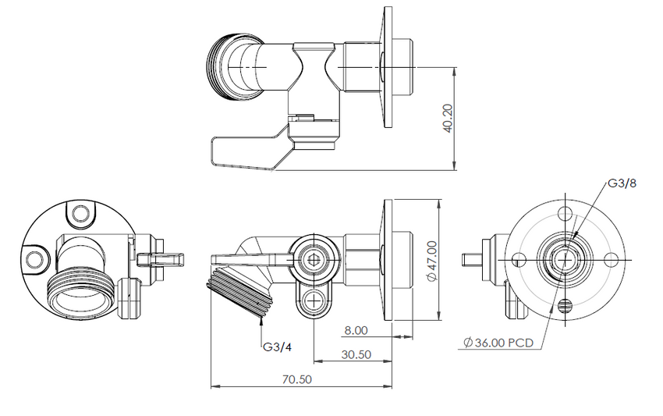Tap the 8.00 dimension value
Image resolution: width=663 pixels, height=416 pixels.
tap(356, 330)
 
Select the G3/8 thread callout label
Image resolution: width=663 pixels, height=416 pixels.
tap(622, 184)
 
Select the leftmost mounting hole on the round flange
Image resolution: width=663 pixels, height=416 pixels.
tap(517, 258)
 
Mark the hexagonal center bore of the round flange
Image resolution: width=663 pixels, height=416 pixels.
tap(564, 258)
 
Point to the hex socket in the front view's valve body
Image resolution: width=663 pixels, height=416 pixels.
tap(314, 259)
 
